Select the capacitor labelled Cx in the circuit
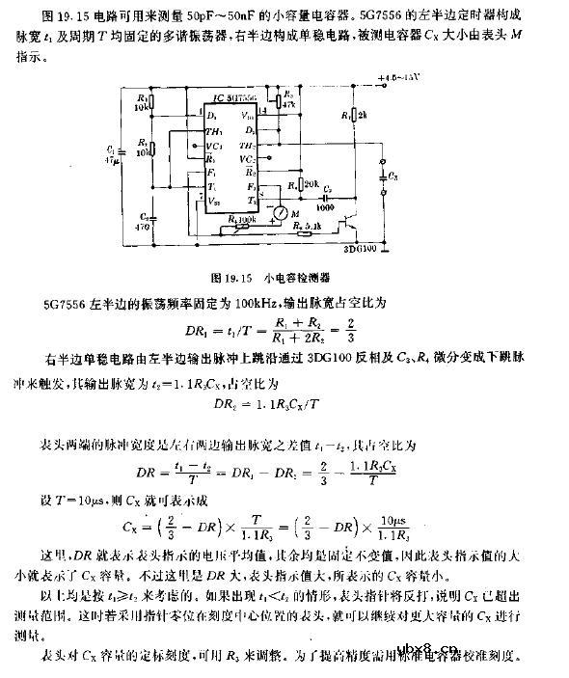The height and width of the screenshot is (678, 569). [x=385, y=177]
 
